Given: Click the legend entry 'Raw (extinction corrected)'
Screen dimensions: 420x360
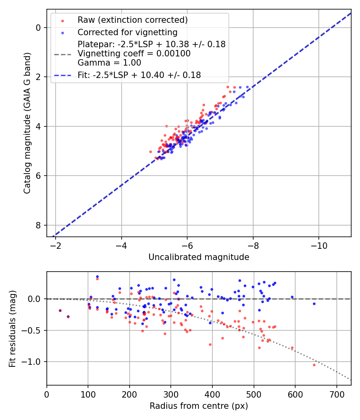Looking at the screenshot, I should coord(132,20).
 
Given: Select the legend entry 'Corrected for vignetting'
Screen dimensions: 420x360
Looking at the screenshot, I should coord(127,32).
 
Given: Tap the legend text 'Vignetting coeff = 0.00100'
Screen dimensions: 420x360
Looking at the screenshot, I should coord(134,54).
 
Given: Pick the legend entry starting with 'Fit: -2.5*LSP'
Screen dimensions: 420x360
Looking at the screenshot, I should coord(139,75).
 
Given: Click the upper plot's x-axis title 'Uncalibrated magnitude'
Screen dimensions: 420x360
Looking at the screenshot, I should coord(199,257).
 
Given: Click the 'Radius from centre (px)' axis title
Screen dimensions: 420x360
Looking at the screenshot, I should coord(199,406).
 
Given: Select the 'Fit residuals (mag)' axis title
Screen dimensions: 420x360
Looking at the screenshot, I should coord(13,328).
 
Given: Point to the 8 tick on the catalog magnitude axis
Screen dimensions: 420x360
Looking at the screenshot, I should coord(38,225).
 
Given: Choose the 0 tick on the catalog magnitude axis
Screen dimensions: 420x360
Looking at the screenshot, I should coord(38,28).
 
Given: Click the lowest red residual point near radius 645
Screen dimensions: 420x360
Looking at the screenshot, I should coord(314,365).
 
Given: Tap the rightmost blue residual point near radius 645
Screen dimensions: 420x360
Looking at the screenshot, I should coord(314,304).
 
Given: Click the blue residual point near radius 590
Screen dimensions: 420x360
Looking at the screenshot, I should coord(292,297).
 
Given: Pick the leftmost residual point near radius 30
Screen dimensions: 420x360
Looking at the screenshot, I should coord(60,310).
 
